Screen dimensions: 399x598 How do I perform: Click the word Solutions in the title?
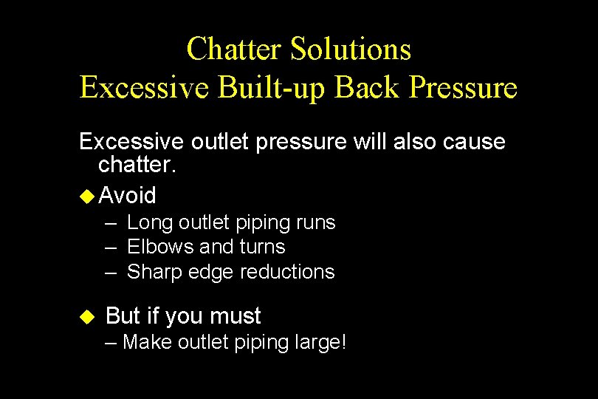[351, 50]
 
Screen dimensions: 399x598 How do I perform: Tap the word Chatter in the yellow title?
[236, 50]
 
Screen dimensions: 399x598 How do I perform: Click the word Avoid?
[127, 196]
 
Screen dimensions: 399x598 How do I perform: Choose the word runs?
[315, 222]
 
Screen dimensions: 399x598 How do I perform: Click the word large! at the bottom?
[320, 342]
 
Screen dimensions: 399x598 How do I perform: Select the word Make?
[149, 342]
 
